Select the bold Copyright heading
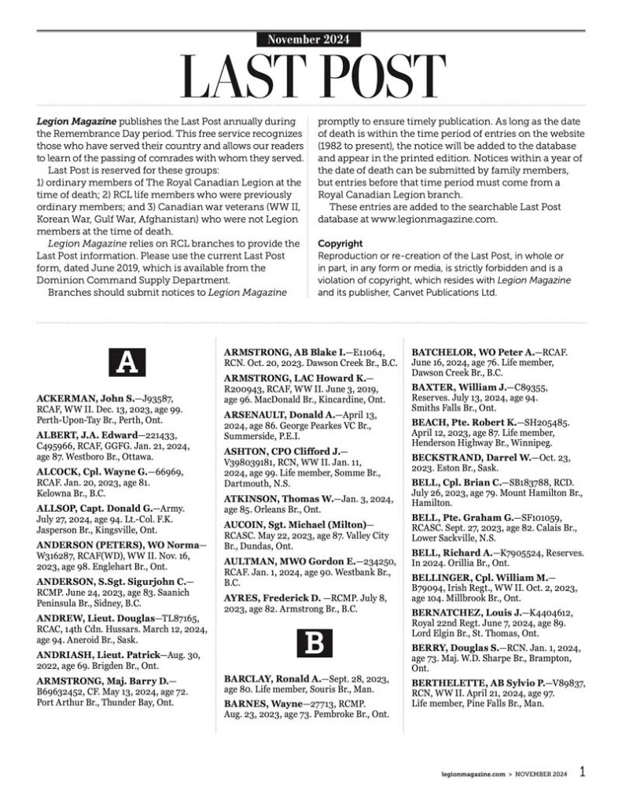click(x=340, y=244)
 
